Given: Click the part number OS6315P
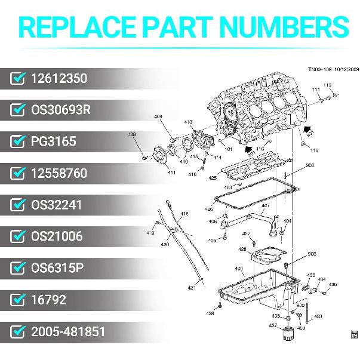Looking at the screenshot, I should [57, 268].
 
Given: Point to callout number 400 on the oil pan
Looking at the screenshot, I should [239, 269].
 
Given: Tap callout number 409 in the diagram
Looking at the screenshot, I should [158, 116].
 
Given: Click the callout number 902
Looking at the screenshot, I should [310, 165].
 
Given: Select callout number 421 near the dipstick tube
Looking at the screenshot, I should [191, 288].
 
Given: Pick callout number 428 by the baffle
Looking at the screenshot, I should [242, 250].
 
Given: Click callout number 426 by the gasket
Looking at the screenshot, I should [208, 209].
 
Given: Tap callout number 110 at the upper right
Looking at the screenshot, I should [327, 85].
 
